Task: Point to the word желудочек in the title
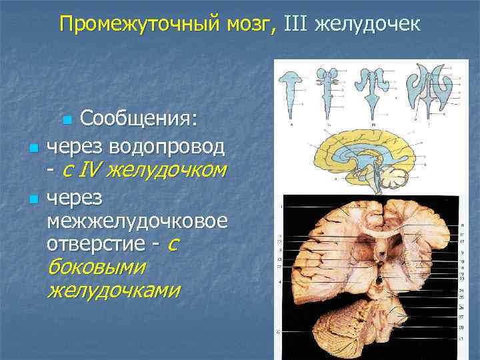point(367,25)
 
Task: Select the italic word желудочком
point(167,171)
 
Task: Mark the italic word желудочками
point(114,291)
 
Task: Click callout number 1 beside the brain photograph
point(282,207)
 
